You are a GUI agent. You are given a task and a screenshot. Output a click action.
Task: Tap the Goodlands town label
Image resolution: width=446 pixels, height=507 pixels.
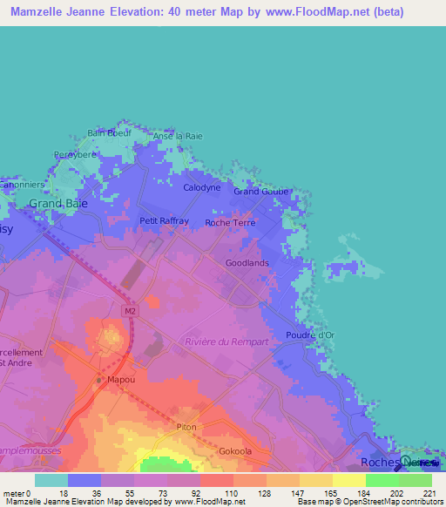click(247, 262)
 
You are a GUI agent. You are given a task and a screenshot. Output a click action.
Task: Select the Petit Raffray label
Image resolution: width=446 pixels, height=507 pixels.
click(164, 221)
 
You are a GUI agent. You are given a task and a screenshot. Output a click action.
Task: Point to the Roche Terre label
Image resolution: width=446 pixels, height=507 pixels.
click(229, 223)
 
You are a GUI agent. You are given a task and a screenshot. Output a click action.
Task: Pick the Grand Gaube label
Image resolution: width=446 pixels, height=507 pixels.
click(260, 192)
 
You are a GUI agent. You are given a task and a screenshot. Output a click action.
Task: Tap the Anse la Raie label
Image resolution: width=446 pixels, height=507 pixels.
click(178, 137)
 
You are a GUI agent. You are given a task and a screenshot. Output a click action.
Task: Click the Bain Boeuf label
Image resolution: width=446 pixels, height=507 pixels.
click(108, 133)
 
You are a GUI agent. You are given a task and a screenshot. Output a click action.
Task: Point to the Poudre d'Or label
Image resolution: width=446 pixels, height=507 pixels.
click(310, 335)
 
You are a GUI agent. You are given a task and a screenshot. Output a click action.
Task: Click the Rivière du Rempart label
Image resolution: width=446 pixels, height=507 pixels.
click(226, 341)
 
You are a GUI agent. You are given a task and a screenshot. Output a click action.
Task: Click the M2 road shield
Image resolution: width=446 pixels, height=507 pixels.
click(131, 309)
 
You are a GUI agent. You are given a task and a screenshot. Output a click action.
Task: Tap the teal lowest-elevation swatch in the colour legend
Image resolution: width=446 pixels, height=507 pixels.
click(51, 480)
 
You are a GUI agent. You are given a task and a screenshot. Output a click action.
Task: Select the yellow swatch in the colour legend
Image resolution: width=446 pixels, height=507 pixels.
click(348, 480)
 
